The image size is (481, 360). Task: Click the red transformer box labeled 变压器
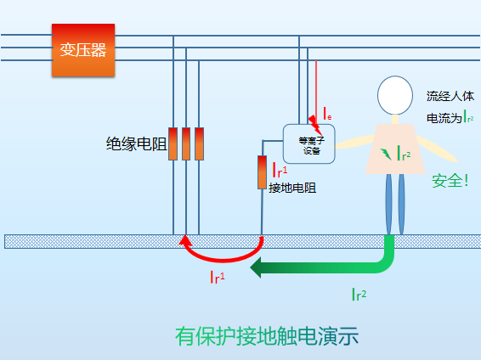[83, 49]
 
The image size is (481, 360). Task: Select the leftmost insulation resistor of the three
[173, 143]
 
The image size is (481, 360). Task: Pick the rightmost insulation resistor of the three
[200, 143]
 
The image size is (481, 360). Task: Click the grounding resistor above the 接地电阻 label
[263, 172]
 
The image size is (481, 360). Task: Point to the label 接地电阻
[291, 188]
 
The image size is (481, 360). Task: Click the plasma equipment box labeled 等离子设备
[309, 143]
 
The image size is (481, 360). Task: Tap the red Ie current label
[327, 113]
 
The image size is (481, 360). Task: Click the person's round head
[394, 95]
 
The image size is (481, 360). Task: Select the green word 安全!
[450, 181]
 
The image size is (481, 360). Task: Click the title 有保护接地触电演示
[267, 335]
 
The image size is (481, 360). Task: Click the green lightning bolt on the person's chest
[387, 153]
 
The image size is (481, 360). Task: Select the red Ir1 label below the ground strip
[218, 277]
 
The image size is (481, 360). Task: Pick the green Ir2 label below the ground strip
[359, 295]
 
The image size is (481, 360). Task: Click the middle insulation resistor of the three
[186, 143]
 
